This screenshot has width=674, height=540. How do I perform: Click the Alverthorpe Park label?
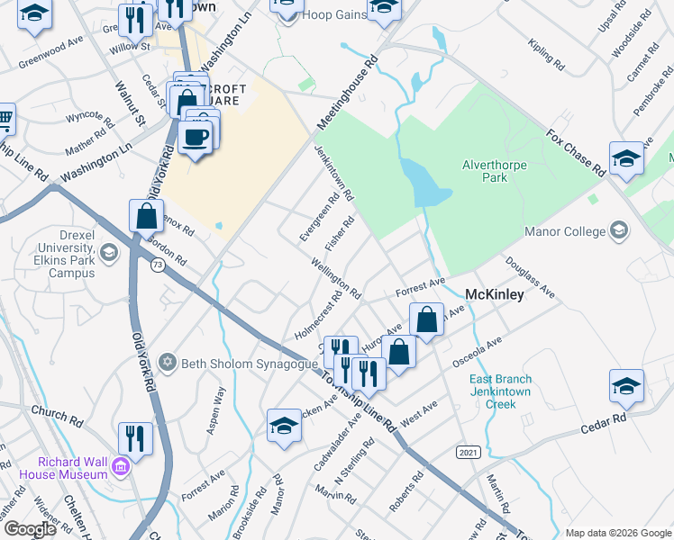[496, 171]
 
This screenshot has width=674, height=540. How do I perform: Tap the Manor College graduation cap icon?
[619, 231]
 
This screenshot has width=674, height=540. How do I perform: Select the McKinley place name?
[494, 294]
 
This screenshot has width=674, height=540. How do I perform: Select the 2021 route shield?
[468, 451]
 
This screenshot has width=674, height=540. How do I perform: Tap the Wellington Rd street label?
[335, 279]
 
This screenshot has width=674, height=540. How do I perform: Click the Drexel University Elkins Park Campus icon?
[110, 251]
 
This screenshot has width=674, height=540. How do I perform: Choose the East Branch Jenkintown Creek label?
[500, 391]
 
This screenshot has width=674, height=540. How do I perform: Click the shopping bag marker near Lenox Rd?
[145, 217]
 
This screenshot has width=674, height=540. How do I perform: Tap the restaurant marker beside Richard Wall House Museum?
[134, 438]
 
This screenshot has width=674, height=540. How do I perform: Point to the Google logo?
[29, 529]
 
